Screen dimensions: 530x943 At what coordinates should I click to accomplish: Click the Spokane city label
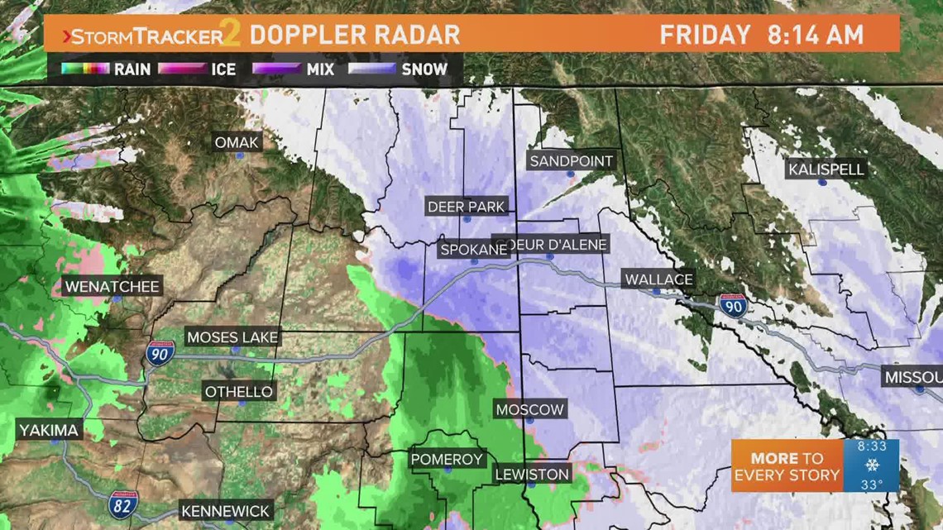pyautogui.click(x=474, y=248)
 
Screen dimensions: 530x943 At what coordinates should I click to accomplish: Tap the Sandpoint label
pyautogui.click(x=572, y=161)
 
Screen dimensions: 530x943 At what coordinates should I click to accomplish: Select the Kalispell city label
pyautogui.click(x=826, y=170)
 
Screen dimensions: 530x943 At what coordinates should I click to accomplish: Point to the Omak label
pyautogui.click(x=237, y=142)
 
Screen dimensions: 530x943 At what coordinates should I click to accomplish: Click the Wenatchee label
pyautogui.click(x=112, y=287)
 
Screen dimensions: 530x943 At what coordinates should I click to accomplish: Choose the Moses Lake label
pyautogui.click(x=232, y=337)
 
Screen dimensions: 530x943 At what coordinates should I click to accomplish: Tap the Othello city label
pyautogui.click(x=239, y=391)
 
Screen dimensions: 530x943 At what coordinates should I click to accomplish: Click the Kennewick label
pyautogui.click(x=225, y=511)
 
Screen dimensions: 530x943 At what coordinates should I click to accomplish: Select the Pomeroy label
pyautogui.click(x=447, y=459)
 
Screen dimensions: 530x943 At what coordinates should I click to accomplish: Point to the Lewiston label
pyautogui.click(x=532, y=474)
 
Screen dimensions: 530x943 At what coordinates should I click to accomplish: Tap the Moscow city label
pyautogui.click(x=529, y=409)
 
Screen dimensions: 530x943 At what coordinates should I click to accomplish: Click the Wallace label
pyautogui.click(x=658, y=279)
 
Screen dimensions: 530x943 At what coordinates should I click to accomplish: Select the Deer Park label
pyautogui.click(x=466, y=207)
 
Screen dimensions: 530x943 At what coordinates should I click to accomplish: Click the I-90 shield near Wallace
pyautogui.click(x=732, y=306)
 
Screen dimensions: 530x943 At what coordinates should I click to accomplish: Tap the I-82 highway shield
pyautogui.click(x=122, y=503)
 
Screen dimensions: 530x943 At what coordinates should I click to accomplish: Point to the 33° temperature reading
pyautogui.click(x=872, y=484)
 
